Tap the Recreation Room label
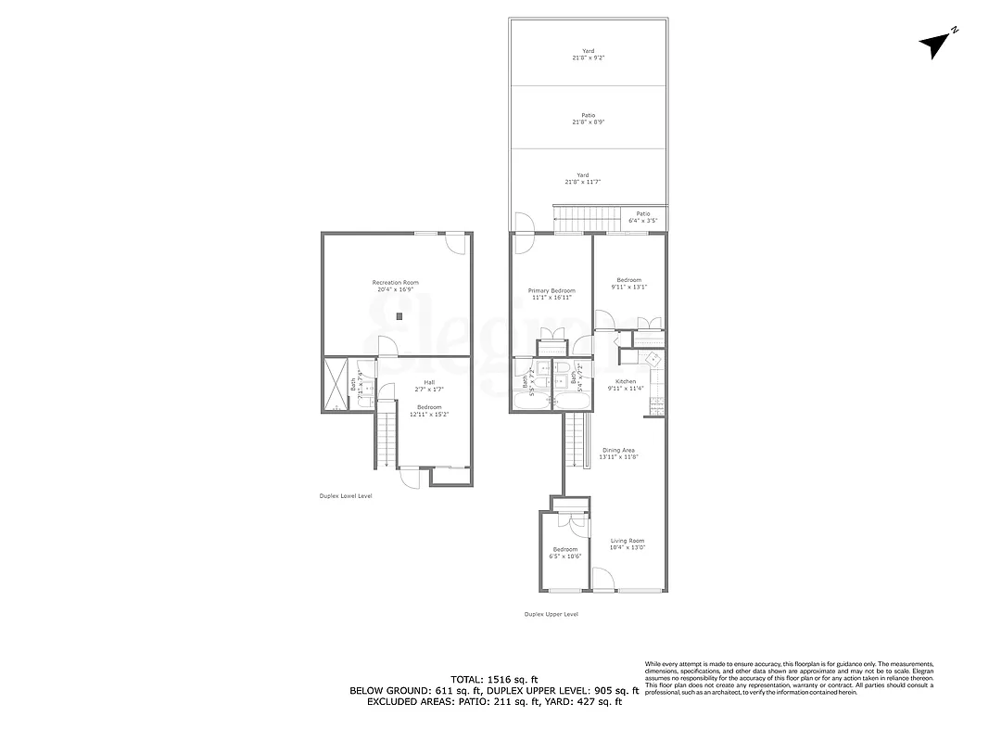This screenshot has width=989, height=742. (396, 286)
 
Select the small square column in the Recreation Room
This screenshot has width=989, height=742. (399, 317)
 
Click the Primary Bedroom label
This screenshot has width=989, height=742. (551, 294)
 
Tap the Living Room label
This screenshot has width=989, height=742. (627, 544)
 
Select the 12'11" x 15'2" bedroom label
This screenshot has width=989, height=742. (428, 410)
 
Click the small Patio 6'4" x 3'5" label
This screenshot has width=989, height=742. (642, 217)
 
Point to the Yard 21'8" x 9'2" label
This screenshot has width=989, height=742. (588, 54)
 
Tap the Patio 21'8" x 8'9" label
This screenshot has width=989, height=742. (588, 119)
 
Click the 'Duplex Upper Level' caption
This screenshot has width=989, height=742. (551, 614)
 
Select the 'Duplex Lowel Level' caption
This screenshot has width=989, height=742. (345, 496)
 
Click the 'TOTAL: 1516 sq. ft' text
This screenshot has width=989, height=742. (494, 679)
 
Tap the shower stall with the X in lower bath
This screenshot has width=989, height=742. (334, 384)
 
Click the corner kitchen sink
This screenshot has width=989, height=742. (653, 359)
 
